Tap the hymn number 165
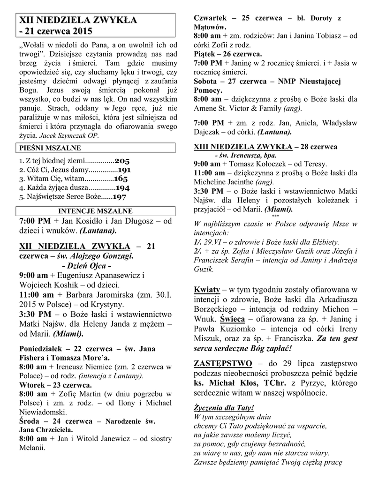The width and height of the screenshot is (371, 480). [x=121, y=179]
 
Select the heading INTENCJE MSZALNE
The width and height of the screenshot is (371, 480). [x=95, y=211]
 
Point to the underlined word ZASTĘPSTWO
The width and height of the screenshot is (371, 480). [x=223, y=364]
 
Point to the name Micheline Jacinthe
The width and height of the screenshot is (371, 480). [x=223, y=182]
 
